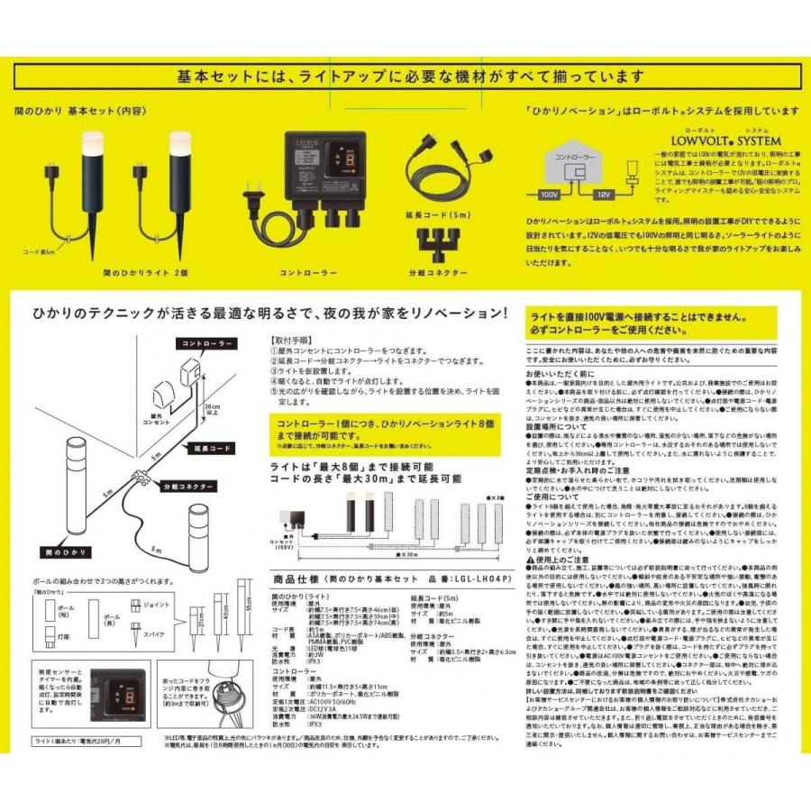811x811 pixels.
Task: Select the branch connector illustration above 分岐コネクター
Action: coord(441,241)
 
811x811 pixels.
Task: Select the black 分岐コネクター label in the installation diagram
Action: coord(188,487)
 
